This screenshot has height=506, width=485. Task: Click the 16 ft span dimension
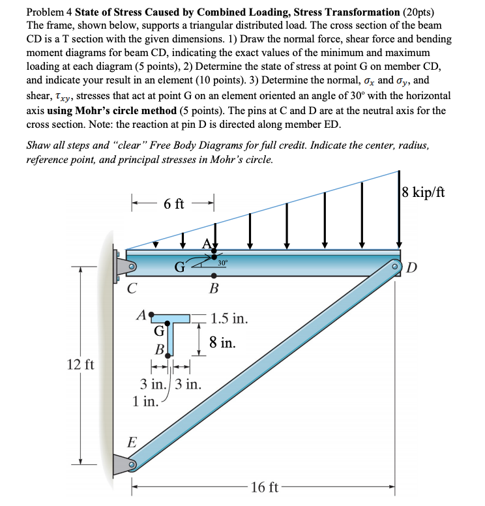click(x=265, y=487)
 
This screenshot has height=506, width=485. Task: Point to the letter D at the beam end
click(x=430, y=269)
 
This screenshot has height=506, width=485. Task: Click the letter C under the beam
click(x=132, y=288)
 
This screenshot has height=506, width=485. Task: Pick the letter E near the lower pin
click(x=132, y=442)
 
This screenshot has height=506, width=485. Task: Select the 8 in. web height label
click(x=222, y=342)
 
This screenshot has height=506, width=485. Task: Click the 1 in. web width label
click(x=145, y=401)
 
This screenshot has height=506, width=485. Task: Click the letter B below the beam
click(x=214, y=288)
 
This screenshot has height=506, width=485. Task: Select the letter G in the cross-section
click(x=158, y=330)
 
